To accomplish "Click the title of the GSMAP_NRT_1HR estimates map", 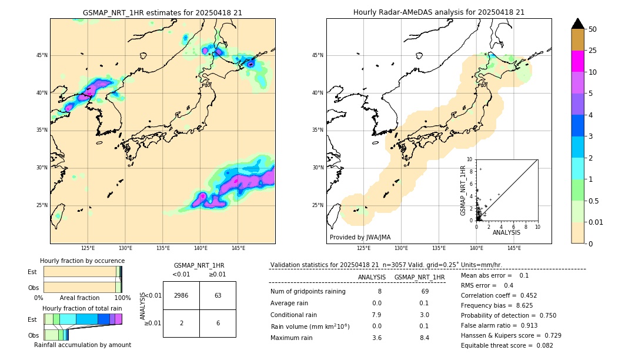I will coord(162,12).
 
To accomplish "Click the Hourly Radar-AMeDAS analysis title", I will coord(439,12).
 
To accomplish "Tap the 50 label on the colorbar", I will coord(593,29).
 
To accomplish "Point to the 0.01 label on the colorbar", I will coord(596,222).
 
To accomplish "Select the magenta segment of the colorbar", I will coord(577,61).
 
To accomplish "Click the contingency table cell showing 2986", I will coord(181,295).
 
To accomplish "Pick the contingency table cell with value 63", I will coord(218,295).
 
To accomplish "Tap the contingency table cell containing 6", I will coord(218,324).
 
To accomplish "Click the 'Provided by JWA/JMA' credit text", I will coord(360,237).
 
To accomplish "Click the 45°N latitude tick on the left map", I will coord(42,55).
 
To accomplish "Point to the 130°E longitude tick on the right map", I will coord(402,248).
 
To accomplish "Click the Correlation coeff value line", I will coord(499,295).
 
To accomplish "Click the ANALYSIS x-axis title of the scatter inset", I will coord(506,233).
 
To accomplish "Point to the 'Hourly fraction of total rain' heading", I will coord(82,308).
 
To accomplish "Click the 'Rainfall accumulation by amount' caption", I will coord(82,345).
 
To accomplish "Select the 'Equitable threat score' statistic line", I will coord(507,345).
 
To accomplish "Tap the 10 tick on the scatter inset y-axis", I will coord(470,159).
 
